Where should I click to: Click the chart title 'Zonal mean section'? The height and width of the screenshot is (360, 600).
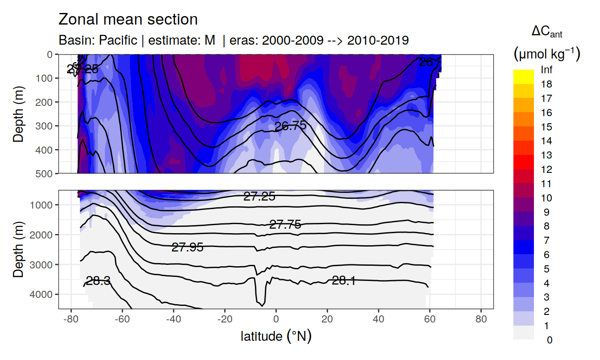coord(128,20)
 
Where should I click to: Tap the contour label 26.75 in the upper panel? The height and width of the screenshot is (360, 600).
coord(290,126)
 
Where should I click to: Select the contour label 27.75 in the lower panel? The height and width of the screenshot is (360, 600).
coord(285,225)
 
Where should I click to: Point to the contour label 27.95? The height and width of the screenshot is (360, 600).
coord(187,247)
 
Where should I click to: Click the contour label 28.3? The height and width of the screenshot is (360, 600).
coord(98,281)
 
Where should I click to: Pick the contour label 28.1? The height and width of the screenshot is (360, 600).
coord(344,280)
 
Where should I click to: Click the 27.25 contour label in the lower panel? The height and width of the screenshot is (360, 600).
coord(259,196)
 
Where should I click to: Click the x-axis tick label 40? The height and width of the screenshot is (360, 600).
coord(379,320)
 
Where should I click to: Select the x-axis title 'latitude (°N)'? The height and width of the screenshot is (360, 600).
coord(276,336)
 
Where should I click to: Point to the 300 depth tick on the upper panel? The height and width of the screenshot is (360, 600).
coord(45,126)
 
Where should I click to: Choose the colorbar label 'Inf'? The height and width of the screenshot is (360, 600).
coord(546,70)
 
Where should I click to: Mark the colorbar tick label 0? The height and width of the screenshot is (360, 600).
coord(549,340)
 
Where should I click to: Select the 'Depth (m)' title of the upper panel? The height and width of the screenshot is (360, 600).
coord(18,113)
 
